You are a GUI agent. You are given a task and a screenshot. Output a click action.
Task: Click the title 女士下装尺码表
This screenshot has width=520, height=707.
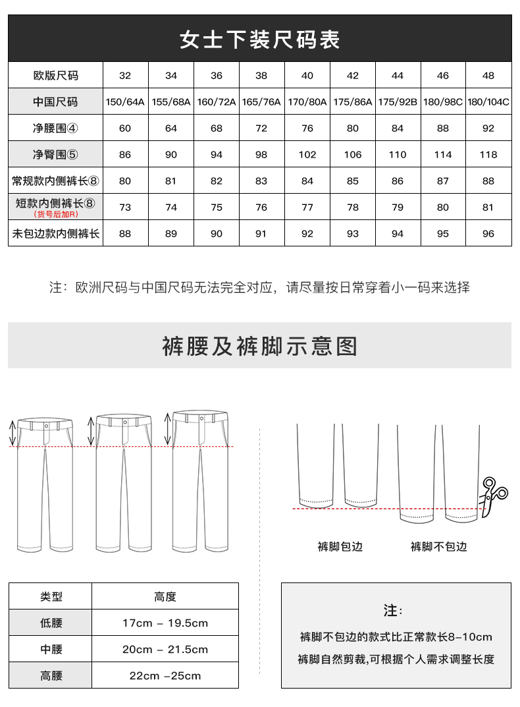click(260, 40)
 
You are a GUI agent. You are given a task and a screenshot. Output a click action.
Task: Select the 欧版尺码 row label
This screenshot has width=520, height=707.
click(55, 76)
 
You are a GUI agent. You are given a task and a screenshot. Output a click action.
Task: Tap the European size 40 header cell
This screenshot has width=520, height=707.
click(307, 76)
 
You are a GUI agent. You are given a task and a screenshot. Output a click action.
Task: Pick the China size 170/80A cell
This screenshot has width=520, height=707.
click(307, 102)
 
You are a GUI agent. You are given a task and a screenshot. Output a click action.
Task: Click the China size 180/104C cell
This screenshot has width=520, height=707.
click(488, 102)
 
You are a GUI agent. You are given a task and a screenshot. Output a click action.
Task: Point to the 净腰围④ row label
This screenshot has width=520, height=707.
click(55, 128)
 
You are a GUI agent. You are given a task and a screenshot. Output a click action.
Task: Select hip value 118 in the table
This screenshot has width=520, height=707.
click(488, 155)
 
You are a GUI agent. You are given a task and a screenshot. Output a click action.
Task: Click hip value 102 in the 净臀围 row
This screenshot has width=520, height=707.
click(307, 155)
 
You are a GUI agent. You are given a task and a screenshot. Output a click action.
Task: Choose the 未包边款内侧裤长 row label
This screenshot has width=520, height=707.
click(55, 233)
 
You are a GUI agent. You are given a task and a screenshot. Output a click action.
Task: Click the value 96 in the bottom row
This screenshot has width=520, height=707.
click(488, 233)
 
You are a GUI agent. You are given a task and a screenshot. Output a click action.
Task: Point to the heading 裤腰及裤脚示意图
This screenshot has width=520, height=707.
click(260, 346)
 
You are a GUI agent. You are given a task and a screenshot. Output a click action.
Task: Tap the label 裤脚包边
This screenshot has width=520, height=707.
click(340, 547)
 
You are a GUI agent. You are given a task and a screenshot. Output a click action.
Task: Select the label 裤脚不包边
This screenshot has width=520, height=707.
click(438, 547)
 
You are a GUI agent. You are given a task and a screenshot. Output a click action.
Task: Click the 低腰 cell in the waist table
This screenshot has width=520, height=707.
click(51, 623)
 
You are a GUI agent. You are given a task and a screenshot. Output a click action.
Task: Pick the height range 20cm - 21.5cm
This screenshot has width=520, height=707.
click(165, 649)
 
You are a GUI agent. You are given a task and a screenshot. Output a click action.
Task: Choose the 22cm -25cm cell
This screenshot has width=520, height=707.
click(165, 675)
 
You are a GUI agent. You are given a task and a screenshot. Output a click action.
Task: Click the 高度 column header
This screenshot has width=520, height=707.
click(165, 596)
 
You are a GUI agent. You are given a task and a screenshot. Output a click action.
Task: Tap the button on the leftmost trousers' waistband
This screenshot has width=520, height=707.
click(45, 426)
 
